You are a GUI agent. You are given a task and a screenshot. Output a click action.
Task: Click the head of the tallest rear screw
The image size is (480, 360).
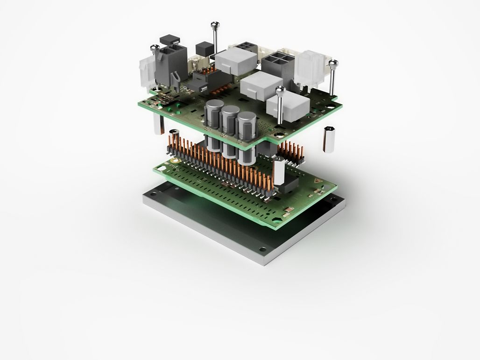pos(214,24)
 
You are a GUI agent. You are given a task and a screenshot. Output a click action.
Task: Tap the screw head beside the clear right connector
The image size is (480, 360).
pos(332,63)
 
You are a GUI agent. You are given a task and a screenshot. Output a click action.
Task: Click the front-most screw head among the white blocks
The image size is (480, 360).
pos(280,90)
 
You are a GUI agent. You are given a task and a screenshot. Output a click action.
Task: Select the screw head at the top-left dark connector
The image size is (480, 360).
pos(155,47)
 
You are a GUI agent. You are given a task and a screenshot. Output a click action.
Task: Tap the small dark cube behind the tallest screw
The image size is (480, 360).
pos(204,48)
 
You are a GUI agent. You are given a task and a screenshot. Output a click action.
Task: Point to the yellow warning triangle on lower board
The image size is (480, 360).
pos(319,181)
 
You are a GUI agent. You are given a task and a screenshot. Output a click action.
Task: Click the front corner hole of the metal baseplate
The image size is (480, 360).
pos(263,249)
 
